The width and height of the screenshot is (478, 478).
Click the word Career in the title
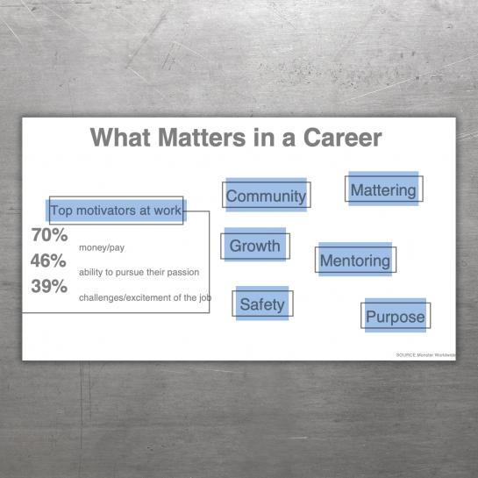pyautogui.click(x=342, y=138)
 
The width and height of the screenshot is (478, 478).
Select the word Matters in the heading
pyautogui.click(x=202, y=138)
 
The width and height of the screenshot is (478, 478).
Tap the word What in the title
pyautogui.click(x=120, y=138)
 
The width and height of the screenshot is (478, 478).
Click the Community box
pyautogui.click(x=266, y=195)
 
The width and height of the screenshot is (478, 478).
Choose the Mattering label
pyautogui.click(x=384, y=189)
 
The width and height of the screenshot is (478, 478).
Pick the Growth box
pyautogui.click(x=255, y=246)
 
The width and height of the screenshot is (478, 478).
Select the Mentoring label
pyautogui.click(x=355, y=260)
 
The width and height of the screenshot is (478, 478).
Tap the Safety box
pyautogui.click(x=262, y=303)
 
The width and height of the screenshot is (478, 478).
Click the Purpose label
pyautogui.click(x=396, y=315)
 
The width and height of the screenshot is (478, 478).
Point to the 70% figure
pyautogui.click(x=49, y=235)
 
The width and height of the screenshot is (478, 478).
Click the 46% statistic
pyautogui.click(x=48, y=260)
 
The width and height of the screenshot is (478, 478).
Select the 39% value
pyautogui.click(x=49, y=286)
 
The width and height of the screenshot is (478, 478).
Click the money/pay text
pyautogui.click(x=102, y=247)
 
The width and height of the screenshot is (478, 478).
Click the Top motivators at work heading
pyautogui.click(x=116, y=210)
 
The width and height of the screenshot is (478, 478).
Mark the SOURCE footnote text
pyautogui.click(x=426, y=355)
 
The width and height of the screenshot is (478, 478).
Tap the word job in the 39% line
pyautogui.click(x=205, y=297)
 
